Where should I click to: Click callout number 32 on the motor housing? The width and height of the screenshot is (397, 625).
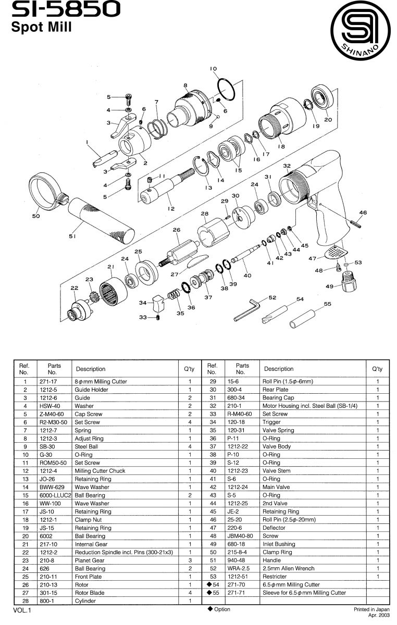click(287, 166)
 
